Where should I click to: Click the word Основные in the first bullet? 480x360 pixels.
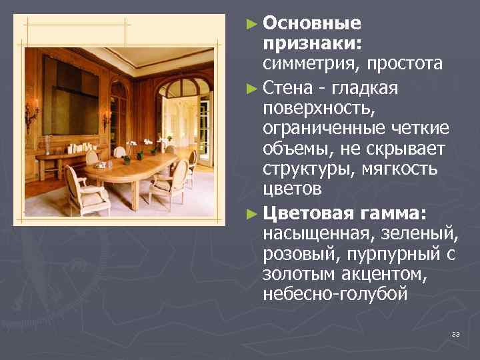pyautogui.click(x=312, y=23)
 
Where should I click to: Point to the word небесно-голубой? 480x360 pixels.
pyautogui.click(x=335, y=295)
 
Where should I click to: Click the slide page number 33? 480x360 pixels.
pyautogui.click(x=456, y=333)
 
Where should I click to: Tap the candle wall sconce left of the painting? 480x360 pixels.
pyautogui.click(x=31, y=115)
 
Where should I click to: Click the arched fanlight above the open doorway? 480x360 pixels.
pyautogui.click(x=181, y=87)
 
